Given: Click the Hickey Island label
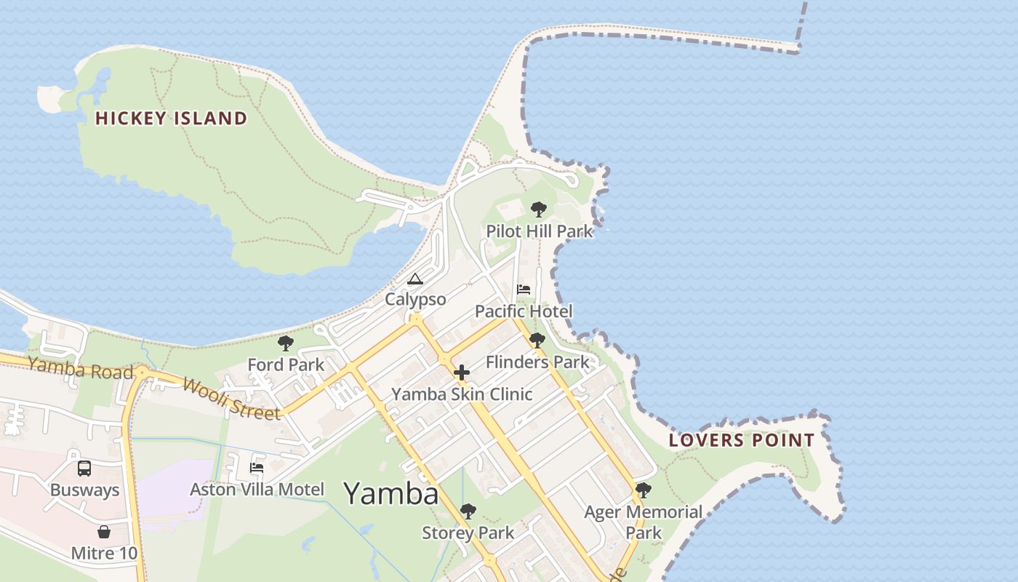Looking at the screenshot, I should pyautogui.click(x=172, y=118).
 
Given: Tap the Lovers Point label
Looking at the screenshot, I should pyautogui.click(x=742, y=440).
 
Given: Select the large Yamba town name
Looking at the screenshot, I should pyautogui.click(x=390, y=494).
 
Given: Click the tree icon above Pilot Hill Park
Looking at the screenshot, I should pyautogui.click(x=538, y=210).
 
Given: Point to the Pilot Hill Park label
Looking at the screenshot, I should pyautogui.click(x=539, y=231).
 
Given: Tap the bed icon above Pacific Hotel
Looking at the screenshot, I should pyautogui.click(x=524, y=290).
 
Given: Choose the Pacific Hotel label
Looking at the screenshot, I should pyautogui.click(x=524, y=311).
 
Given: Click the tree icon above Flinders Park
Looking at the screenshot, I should pyautogui.click(x=537, y=340).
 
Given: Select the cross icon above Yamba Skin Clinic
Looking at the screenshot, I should pyautogui.click(x=461, y=373).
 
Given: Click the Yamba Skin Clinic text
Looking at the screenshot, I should pyautogui.click(x=462, y=394).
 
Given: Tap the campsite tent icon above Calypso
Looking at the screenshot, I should pyautogui.click(x=414, y=279).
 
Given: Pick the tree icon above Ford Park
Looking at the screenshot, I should pyautogui.click(x=286, y=343).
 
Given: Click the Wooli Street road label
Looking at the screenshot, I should pyautogui.click(x=231, y=398).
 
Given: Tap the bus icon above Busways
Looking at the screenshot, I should pyautogui.click(x=84, y=469).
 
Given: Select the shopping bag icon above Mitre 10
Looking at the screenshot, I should pyautogui.click(x=103, y=532).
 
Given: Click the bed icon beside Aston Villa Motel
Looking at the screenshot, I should pyautogui.click(x=257, y=467).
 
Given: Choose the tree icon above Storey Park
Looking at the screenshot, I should pyautogui.click(x=468, y=511).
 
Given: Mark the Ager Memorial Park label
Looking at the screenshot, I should pyautogui.click(x=644, y=522).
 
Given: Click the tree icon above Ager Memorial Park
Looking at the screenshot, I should pyautogui.click(x=643, y=490).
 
